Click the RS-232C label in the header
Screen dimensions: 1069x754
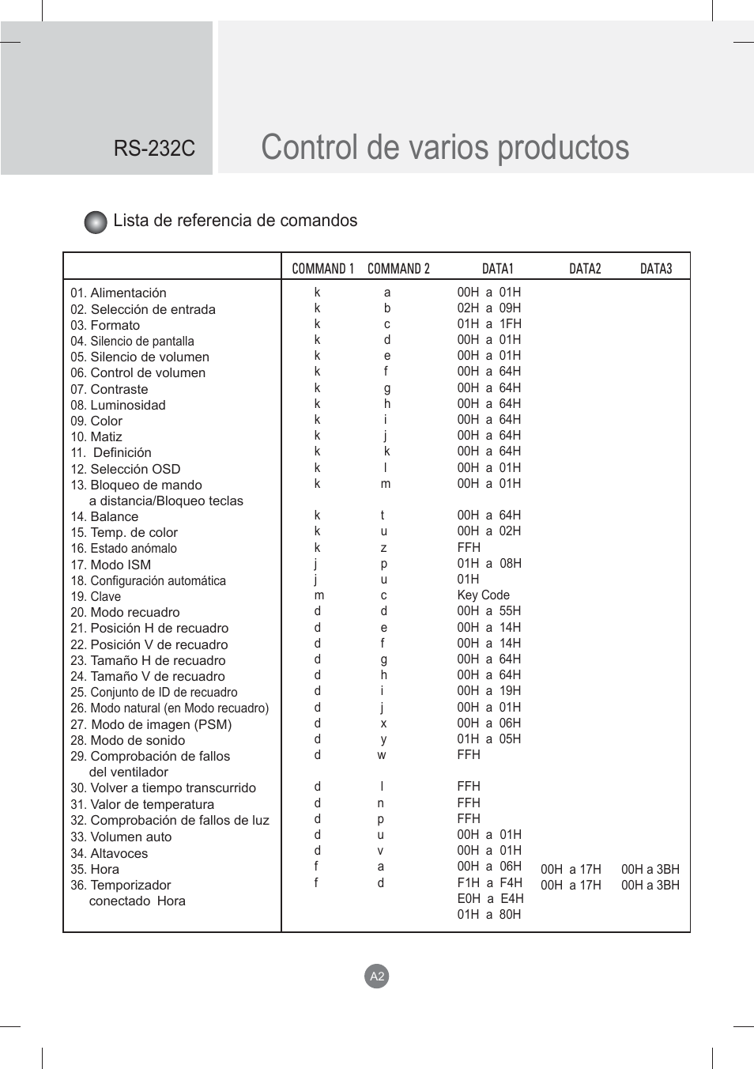click(154, 149)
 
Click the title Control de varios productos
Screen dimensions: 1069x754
click(445, 148)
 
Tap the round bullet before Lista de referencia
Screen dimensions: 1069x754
click(96, 222)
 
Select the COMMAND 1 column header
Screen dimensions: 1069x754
click(322, 269)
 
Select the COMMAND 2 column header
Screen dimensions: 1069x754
click(398, 269)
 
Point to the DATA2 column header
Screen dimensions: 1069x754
click(585, 269)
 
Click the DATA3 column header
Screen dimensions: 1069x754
click(655, 269)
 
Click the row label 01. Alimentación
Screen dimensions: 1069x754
click(119, 293)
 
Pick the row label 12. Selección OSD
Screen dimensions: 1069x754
click(125, 469)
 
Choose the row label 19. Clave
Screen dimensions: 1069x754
click(96, 596)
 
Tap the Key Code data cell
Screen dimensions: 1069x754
click(483, 595)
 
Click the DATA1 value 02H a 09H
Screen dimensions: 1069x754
click(488, 308)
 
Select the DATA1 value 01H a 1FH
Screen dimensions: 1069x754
click(488, 324)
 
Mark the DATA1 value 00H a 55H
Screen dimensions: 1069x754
click(488, 611)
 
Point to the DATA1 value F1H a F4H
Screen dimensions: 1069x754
click(489, 882)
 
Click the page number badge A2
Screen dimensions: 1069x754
click(377, 976)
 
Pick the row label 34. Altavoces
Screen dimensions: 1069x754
click(109, 853)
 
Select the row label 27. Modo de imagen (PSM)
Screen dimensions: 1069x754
click(151, 724)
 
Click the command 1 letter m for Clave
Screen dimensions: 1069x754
click(319, 595)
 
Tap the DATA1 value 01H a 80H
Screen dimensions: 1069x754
click(488, 915)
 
